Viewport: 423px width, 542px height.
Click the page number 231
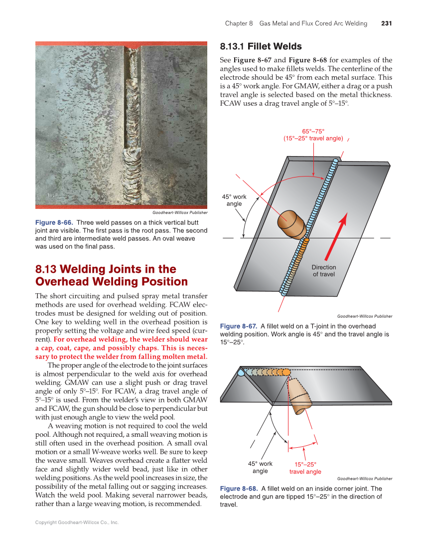point(386,23)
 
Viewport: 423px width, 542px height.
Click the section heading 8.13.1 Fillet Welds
point(261,47)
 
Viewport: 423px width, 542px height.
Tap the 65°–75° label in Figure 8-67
point(313,131)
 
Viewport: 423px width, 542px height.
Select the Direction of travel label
point(324,271)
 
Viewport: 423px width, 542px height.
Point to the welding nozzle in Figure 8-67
point(291,223)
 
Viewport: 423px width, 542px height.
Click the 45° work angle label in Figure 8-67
point(234,200)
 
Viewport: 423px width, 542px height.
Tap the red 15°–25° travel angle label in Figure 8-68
point(305,468)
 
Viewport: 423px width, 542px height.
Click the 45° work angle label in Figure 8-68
point(260,467)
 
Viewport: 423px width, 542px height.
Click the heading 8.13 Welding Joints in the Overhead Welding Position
point(112,275)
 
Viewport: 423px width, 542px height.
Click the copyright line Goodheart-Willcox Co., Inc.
point(77,523)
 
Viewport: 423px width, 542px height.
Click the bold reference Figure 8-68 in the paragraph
point(320,60)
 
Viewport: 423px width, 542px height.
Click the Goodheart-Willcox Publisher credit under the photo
point(180,212)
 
